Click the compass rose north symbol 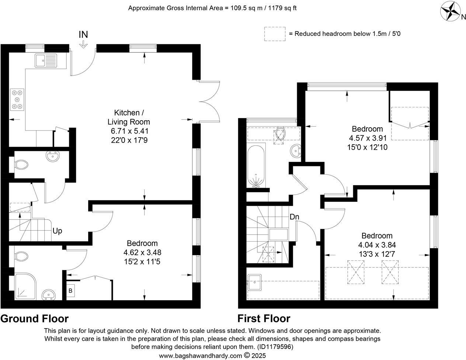point(452,11)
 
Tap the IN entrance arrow point(83,44)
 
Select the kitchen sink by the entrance point(46,60)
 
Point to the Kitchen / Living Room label point(127,117)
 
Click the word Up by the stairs point(57,231)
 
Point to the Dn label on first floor point(294,217)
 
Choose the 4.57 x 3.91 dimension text point(367,138)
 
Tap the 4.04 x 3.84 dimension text point(377,245)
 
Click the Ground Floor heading point(35,319)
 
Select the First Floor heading point(264,319)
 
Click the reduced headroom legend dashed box point(275,34)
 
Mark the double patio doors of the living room point(208,100)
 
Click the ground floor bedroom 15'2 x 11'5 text point(142,262)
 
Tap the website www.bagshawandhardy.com point(201,356)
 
